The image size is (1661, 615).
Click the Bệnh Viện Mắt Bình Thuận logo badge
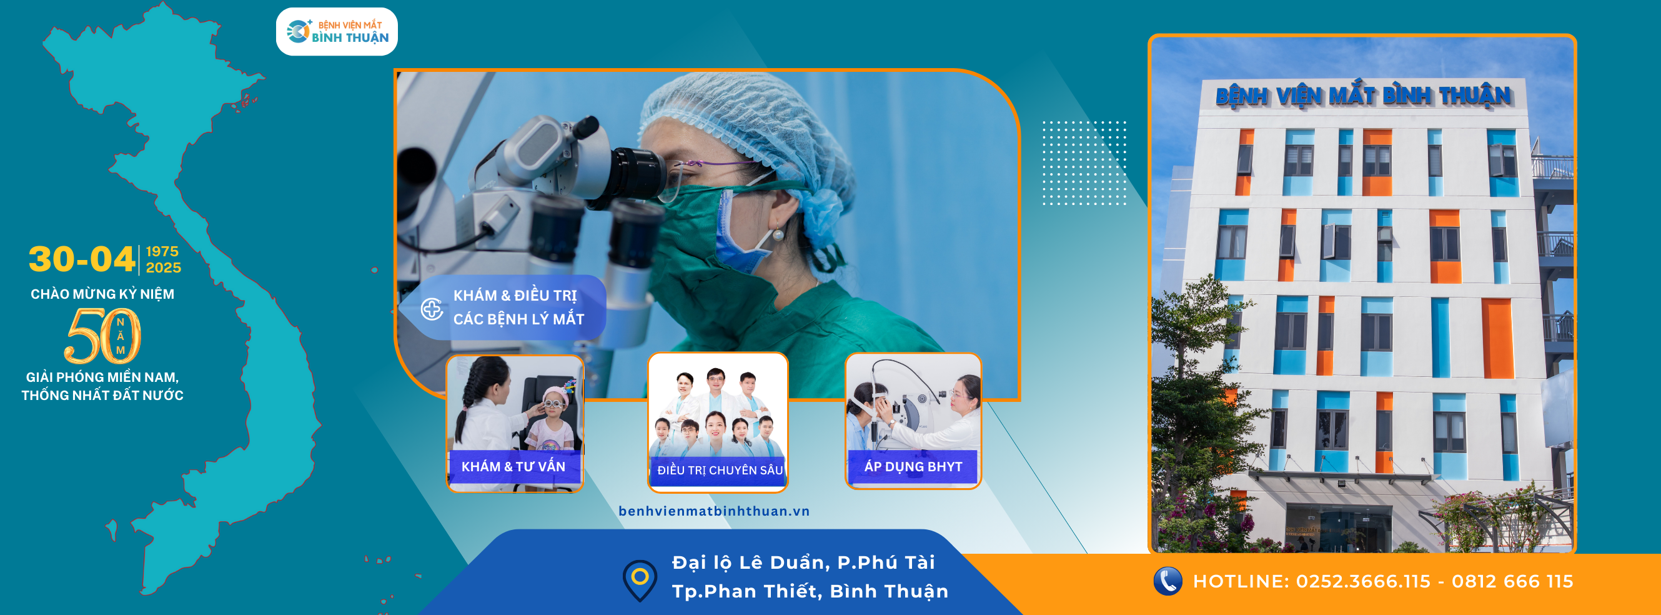[x=337, y=32]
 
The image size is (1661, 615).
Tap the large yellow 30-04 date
[x=82, y=259]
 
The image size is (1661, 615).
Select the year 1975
[x=162, y=251]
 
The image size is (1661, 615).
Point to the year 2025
[x=163, y=267]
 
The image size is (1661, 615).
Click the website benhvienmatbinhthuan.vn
[x=714, y=511]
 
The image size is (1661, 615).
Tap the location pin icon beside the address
[x=640, y=579]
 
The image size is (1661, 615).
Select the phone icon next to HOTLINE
[x=1167, y=581]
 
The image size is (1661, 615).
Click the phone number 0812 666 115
[x=1512, y=581]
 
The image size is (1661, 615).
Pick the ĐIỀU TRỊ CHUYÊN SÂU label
[x=720, y=471]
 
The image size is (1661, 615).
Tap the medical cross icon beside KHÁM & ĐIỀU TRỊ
[x=432, y=309]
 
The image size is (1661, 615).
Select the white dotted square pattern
[x=1084, y=162]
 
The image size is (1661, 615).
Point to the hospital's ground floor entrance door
[x=1338, y=531]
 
